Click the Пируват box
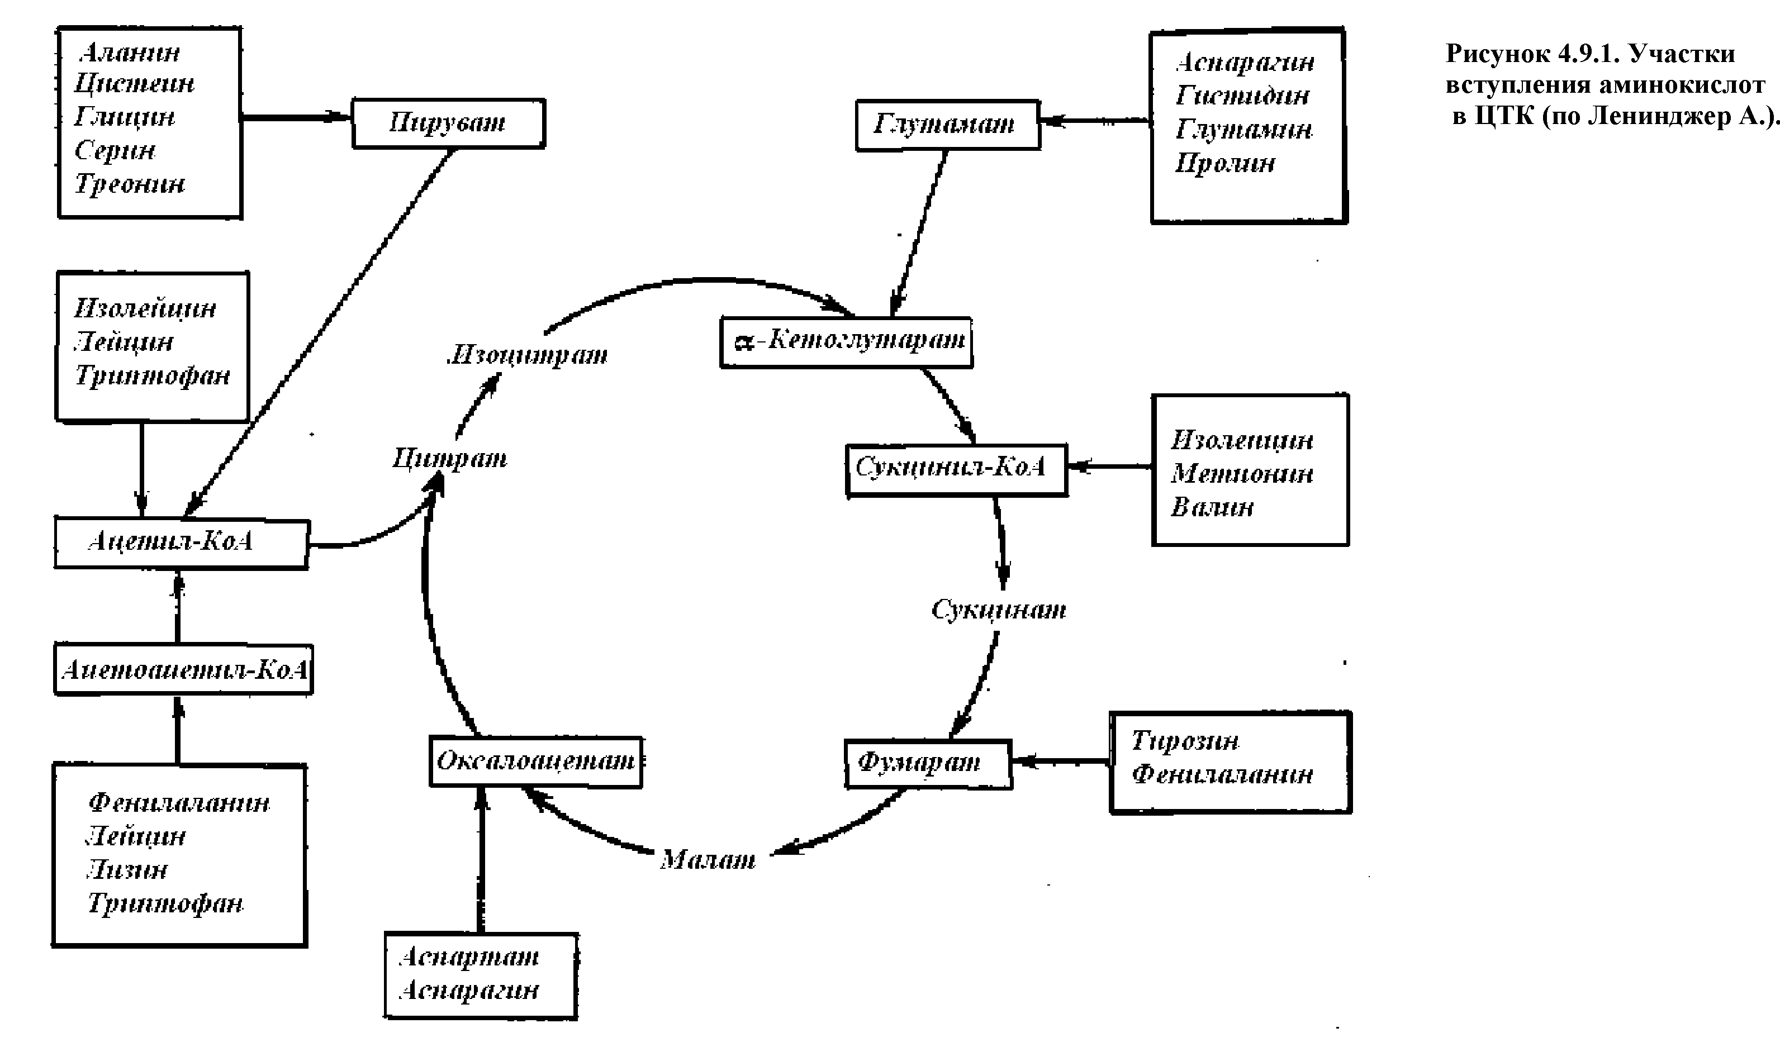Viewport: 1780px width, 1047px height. [x=449, y=123]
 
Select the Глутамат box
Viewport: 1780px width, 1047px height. [x=947, y=125]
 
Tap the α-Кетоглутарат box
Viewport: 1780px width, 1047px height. [x=846, y=342]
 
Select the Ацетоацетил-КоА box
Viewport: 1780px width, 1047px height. [x=184, y=669]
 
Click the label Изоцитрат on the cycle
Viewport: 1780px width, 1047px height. [x=528, y=354]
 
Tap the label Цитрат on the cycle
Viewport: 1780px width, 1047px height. [x=450, y=459]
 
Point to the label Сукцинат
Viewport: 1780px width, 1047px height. [x=998, y=610]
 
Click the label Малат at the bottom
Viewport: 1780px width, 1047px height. [x=708, y=860]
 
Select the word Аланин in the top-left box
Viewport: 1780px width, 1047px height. [x=130, y=53]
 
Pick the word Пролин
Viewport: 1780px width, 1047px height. [x=1225, y=163]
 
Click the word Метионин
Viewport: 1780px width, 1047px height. [x=1242, y=474]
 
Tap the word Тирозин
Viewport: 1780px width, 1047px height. [x=1185, y=741]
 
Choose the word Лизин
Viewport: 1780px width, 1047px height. [x=127, y=870]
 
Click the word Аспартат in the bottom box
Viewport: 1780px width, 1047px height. [x=469, y=956]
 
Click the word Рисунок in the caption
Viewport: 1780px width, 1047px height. [x=1494, y=54]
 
